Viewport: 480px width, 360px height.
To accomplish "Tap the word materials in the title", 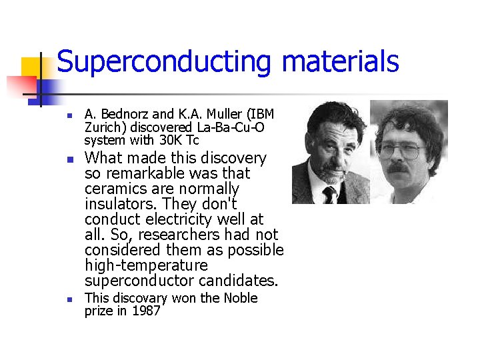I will pyautogui.click(x=340, y=61).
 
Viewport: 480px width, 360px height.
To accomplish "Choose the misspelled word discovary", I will pyautogui.click(x=143, y=298).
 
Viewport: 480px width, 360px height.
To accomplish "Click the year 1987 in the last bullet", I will pyautogui.click(x=146, y=311).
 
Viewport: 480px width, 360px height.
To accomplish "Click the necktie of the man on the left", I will pyautogui.click(x=329, y=194).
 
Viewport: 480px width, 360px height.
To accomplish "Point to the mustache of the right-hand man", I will pyautogui.click(x=399, y=168).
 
